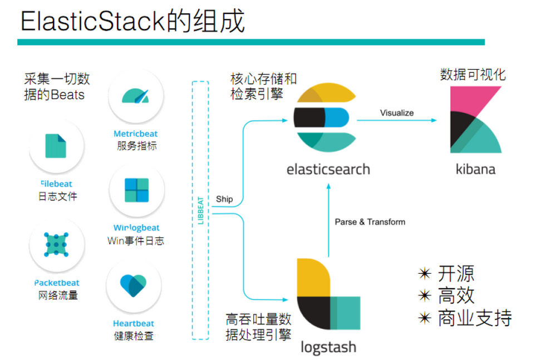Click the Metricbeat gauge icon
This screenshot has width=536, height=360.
coord(136,96)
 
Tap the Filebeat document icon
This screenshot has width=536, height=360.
coord(56,146)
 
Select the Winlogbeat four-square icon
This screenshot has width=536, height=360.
coord(136,190)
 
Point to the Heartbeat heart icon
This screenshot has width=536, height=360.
coord(133,286)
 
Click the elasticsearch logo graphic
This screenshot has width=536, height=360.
coord(321,119)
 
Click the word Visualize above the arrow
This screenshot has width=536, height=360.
coord(397,113)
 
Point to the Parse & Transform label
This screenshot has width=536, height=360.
coord(370,221)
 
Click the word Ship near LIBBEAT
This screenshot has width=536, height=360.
coord(224,199)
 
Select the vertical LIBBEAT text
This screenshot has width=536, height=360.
coord(200,210)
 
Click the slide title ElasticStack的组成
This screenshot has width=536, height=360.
coord(132,22)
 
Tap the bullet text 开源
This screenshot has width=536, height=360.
coord(456,273)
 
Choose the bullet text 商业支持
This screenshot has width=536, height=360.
coord(474,318)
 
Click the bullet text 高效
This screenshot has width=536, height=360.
coord(456,295)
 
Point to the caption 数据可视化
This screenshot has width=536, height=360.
coord(473,75)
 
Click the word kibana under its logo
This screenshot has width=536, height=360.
coord(475,169)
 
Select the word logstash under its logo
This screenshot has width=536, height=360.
coord(328,348)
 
